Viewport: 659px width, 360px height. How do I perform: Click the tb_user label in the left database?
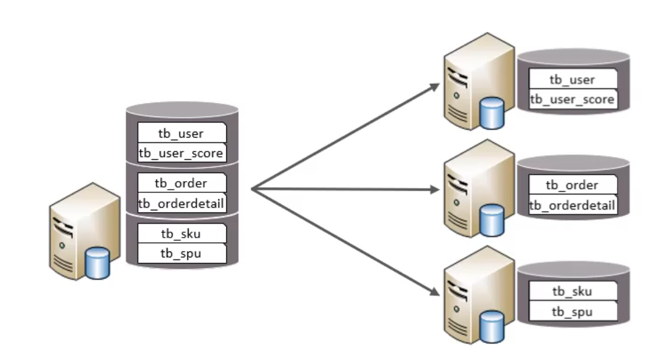[182, 134]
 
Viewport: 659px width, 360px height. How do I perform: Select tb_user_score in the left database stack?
[182, 153]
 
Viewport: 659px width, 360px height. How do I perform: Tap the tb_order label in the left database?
[182, 183]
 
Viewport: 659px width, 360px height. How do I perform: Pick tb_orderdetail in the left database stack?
[182, 203]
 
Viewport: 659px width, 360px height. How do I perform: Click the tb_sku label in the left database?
[182, 233]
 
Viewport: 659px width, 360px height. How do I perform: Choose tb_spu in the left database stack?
[182, 253]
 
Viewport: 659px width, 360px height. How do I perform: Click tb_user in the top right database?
[572, 79]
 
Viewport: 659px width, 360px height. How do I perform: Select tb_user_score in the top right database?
[572, 99]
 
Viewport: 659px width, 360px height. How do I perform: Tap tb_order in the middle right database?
[572, 185]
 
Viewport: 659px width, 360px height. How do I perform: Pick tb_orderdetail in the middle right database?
[572, 205]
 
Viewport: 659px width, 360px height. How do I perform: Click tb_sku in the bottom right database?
[572, 291]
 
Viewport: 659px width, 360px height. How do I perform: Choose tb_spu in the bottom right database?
[572, 311]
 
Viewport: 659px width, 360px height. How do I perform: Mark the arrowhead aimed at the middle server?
[434, 190]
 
